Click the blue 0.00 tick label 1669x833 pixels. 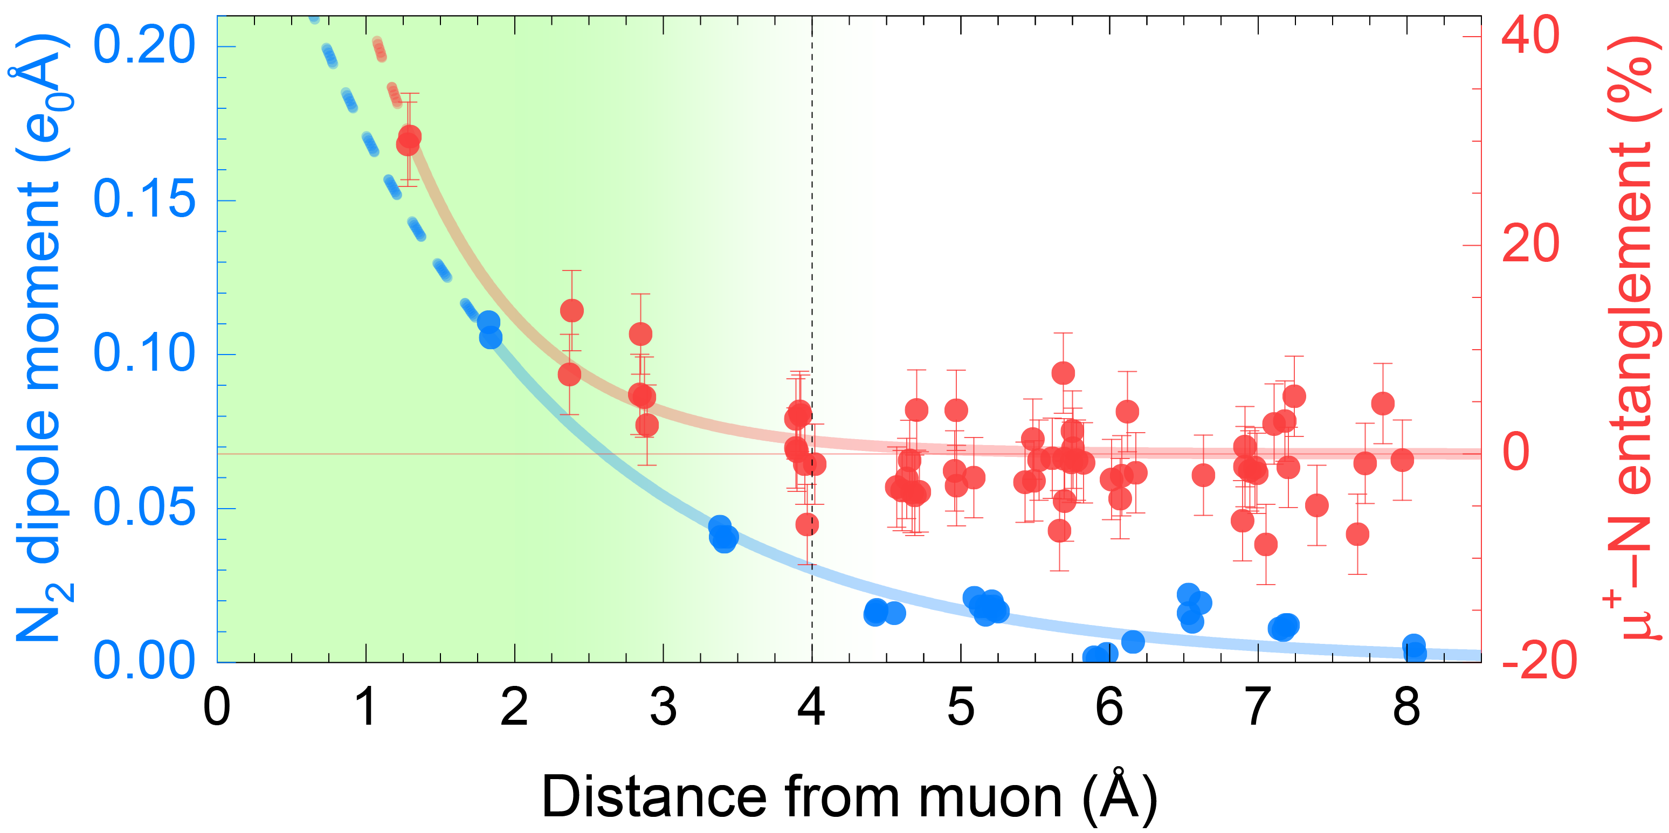click(x=144, y=661)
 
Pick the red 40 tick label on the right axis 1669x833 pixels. click(x=1530, y=36)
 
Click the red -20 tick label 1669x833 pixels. click(x=1539, y=661)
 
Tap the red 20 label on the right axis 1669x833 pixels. click(x=1530, y=245)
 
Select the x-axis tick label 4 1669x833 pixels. click(x=811, y=707)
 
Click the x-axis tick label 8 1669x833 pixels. click(x=1406, y=707)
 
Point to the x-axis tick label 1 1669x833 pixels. click(x=366, y=707)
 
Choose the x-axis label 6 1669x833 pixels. click(x=1109, y=707)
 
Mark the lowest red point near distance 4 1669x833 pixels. click(x=806, y=525)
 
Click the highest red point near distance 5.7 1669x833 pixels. click(x=1063, y=373)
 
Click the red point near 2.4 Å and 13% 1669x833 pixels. click(x=571, y=311)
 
